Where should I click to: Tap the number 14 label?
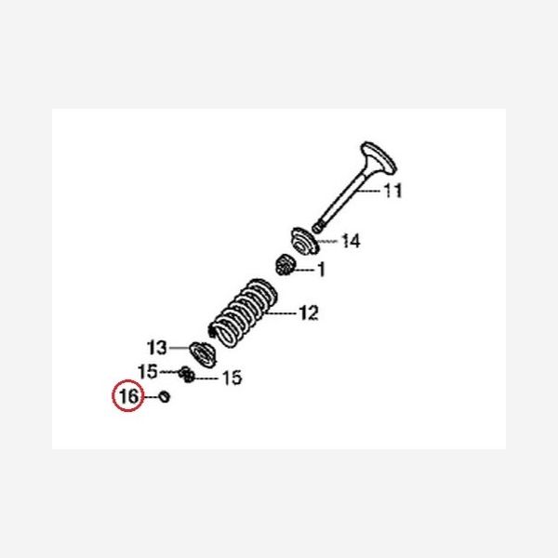[x=351, y=242]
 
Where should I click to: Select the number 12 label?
[x=308, y=312]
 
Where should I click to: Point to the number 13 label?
[x=156, y=348]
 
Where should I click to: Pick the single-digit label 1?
[x=321, y=271]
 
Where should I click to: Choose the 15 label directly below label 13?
[x=148, y=372]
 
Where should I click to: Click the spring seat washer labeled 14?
[x=306, y=239]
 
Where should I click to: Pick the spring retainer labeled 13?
[x=200, y=352]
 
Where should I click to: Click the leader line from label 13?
[x=179, y=348]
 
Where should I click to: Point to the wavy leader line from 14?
[x=329, y=244]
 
